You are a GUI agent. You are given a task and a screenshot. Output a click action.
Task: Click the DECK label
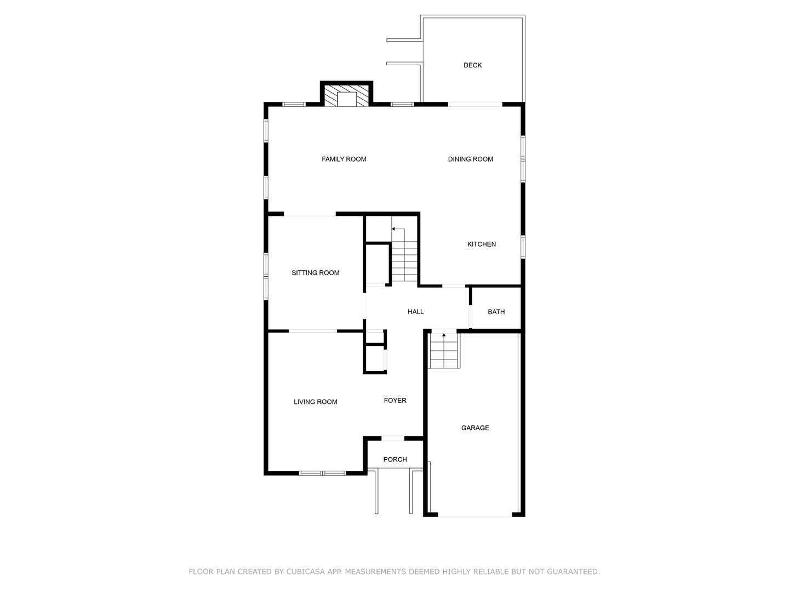pos(472,65)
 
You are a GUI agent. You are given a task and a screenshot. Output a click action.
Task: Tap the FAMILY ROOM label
pos(344,159)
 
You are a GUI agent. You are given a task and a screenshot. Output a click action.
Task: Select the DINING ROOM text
pos(470,159)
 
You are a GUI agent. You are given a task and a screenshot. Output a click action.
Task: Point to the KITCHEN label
pos(481,244)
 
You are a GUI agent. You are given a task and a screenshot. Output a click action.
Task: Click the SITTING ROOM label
pos(315,272)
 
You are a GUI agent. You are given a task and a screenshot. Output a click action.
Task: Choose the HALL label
pos(415,312)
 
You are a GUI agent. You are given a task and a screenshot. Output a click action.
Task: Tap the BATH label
pos(496,312)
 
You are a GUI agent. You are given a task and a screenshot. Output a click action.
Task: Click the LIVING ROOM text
pos(315,401)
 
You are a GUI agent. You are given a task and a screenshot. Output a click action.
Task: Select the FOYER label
pos(395,400)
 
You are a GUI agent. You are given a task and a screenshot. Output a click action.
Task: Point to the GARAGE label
pos(475,428)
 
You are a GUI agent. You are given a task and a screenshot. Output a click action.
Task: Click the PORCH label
pos(395,459)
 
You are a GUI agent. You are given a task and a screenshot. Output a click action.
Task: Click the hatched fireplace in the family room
pos(346,95)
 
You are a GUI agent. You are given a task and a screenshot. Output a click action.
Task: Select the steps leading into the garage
pos(444,350)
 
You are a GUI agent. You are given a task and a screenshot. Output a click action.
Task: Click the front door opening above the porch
pos(393,438)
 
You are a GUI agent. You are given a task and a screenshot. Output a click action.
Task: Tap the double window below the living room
pos(322,473)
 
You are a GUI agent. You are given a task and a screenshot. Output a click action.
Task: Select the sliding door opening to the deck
pos(475,105)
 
